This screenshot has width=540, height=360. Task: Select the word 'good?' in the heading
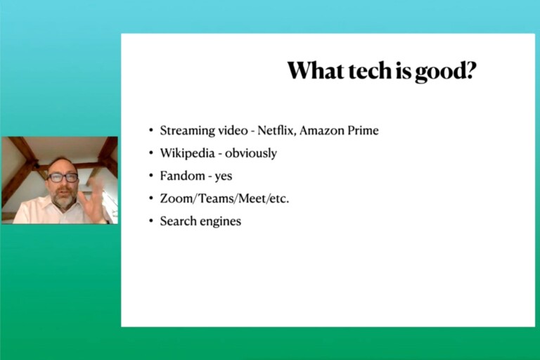coord(446,72)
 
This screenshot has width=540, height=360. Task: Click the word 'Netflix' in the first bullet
coord(276,131)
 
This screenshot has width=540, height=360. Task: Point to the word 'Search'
coord(178,221)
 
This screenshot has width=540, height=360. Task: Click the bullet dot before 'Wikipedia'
coord(151,153)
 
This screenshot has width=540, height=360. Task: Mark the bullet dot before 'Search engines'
coord(151,221)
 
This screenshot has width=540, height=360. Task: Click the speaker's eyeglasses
coord(63,178)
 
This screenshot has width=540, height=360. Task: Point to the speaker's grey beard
coord(63,199)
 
